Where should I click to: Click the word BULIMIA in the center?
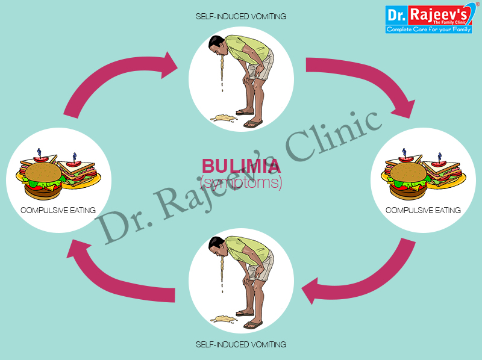(241, 166)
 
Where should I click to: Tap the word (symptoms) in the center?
(241, 182)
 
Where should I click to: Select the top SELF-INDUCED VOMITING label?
(241, 16)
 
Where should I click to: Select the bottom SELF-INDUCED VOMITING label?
(241, 344)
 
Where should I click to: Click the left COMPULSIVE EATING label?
(58, 210)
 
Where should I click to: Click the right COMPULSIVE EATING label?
(423, 210)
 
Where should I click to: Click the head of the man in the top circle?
(218, 44)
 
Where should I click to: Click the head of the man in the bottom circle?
(218, 244)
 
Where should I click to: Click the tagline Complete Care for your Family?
(429, 28)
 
